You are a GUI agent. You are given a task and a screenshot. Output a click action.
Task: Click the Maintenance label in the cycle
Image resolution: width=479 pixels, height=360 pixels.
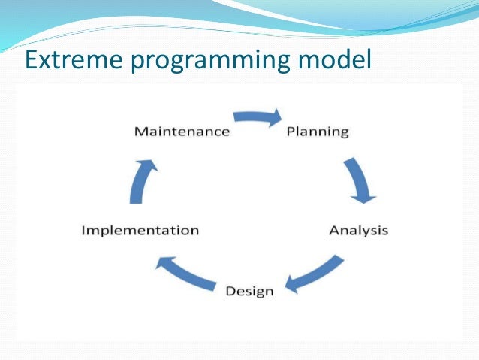tap(182, 132)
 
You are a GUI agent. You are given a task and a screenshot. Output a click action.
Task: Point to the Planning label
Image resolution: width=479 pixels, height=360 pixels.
tap(318, 132)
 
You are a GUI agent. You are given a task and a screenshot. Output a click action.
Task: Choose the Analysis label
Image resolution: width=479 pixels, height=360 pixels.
tap(358, 230)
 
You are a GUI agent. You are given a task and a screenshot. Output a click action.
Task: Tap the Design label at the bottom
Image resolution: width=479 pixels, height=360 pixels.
tap(249, 290)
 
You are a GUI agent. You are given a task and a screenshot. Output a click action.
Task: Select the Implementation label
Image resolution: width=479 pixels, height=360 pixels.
tap(140, 230)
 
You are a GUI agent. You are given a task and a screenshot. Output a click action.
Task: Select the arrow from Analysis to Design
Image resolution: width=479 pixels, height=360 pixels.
tap(315, 274)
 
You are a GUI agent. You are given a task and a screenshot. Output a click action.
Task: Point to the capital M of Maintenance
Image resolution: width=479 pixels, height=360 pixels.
tap(140, 132)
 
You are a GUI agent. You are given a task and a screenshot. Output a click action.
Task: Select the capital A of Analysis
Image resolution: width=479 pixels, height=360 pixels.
tap(333, 230)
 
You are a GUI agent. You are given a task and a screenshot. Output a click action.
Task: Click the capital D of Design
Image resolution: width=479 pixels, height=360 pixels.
tap(230, 290)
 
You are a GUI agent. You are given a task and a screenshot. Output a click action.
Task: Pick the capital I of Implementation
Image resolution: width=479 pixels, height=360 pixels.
tap(83, 230)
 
